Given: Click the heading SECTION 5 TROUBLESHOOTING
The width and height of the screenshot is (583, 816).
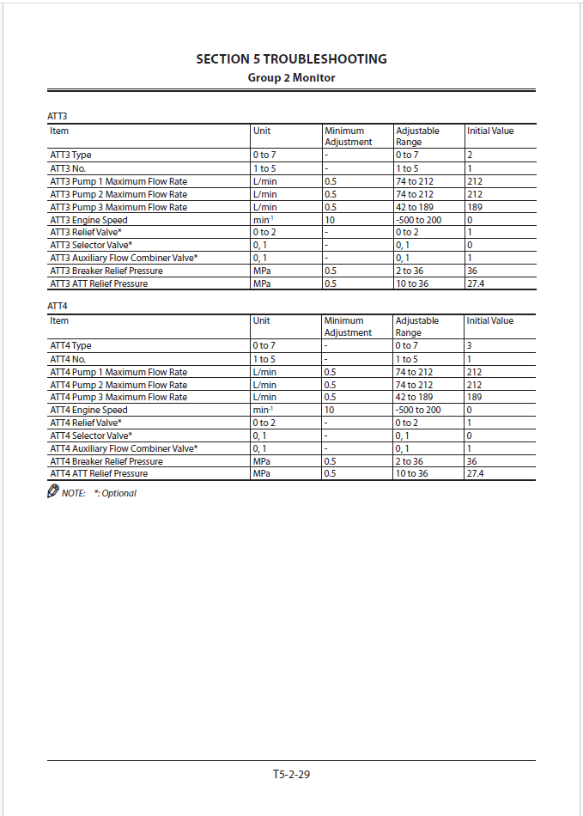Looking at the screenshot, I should [x=291, y=59].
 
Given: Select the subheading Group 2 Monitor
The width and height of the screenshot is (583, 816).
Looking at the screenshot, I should [x=291, y=78].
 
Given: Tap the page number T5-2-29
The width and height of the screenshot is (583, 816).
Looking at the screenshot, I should [x=291, y=774].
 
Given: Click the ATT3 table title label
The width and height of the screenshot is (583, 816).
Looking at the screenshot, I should [x=57, y=116].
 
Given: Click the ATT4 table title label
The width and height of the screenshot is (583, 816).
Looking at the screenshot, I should [x=57, y=306].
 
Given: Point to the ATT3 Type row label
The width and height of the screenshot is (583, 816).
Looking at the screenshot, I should [x=70, y=155].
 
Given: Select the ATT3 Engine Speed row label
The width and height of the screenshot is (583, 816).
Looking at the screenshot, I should [x=88, y=220].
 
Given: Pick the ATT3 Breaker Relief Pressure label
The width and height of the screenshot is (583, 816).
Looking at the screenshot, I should [x=106, y=271].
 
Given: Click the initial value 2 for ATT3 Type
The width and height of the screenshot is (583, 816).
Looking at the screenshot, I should [x=470, y=155].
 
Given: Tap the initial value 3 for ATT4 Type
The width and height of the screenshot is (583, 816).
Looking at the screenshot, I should [x=470, y=345].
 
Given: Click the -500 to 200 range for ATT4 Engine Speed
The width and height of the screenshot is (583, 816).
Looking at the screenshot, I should [x=418, y=410].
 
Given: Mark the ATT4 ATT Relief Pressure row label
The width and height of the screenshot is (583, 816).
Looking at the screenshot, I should [x=99, y=474].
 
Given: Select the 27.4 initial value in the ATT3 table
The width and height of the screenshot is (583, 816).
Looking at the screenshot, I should [x=476, y=284].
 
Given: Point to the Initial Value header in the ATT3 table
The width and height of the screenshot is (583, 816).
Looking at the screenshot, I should [x=490, y=131].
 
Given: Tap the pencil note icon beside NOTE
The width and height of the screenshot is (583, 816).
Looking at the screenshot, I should [x=53, y=492].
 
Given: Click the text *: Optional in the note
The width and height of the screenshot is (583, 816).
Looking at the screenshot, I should [x=115, y=494].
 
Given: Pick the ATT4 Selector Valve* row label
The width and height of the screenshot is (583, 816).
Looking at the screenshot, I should [x=91, y=435].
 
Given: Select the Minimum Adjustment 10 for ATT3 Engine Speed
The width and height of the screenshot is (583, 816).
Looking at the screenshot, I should [x=330, y=220].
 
